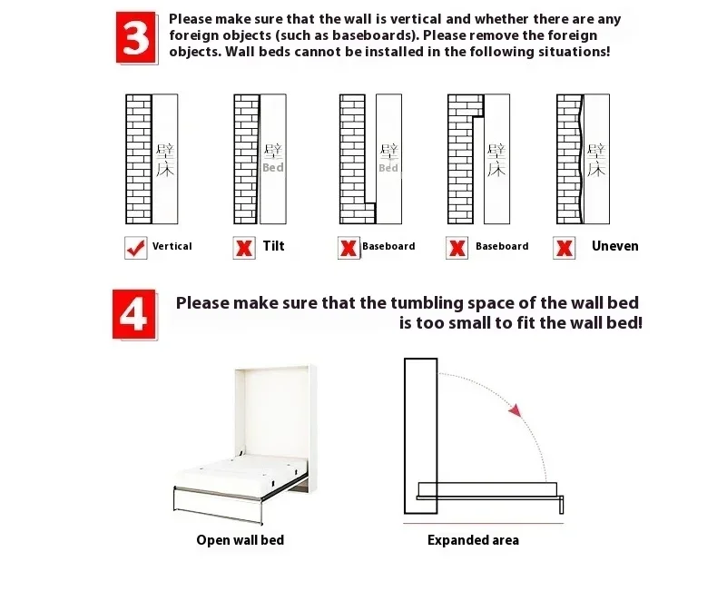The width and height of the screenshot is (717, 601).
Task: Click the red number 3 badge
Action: click(x=136, y=37)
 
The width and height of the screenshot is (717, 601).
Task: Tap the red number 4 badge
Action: click(x=134, y=314)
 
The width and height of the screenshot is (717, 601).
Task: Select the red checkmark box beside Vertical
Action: click(x=136, y=248)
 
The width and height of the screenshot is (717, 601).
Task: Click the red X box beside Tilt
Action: click(x=244, y=248)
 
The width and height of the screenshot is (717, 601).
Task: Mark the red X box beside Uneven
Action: click(x=565, y=248)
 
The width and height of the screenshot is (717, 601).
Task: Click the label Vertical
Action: click(x=172, y=246)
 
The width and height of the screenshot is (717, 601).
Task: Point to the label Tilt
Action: click(x=273, y=246)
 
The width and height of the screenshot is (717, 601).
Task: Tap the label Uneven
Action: click(x=615, y=246)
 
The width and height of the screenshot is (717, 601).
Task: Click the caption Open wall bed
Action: click(x=241, y=540)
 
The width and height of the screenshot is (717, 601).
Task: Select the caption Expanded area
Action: click(x=473, y=540)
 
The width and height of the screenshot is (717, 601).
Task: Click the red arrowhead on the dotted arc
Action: click(x=516, y=410)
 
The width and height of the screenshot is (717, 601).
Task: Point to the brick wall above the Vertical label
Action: click(x=139, y=159)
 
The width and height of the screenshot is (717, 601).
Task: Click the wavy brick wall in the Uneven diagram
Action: click(x=569, y=159)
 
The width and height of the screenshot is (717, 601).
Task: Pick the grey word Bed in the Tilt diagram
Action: click(x=273, y=167)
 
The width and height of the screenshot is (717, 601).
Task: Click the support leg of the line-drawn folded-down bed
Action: click(x=562, y=505)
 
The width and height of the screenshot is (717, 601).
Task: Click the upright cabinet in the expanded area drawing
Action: click(x=421, y=436)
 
